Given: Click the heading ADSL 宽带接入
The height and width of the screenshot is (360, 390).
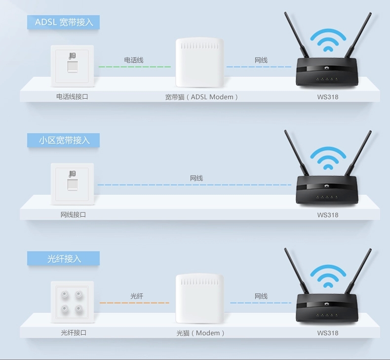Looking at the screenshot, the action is [x=63, y=22].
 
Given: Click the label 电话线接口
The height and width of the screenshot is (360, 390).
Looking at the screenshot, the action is [x=72, y=97].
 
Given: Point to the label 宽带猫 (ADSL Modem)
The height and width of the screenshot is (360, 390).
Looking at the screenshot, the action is [x=201, y=97].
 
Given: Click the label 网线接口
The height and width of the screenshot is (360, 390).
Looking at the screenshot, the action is [x=73, y=215].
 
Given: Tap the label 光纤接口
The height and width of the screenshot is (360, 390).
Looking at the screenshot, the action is [x=74, y=333].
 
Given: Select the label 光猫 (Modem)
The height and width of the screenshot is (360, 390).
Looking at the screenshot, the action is [x=200, y=333].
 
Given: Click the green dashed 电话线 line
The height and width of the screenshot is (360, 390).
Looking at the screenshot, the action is [x=135, y=67].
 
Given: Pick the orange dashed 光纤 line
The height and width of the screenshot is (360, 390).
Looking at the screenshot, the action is [x=134, y=303].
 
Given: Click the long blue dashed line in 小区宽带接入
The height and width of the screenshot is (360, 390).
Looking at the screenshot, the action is [x=194, y=185].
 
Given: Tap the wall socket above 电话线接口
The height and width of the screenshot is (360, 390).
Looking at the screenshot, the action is [x=73, y=66].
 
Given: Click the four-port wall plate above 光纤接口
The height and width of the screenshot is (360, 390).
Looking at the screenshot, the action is [x=73, y=302].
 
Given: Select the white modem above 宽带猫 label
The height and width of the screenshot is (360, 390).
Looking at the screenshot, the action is [x=200, y=62].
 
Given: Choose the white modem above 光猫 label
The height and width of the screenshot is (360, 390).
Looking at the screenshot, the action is [x=200, y=299].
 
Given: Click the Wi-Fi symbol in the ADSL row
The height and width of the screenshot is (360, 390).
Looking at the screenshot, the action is [x=328, y=40].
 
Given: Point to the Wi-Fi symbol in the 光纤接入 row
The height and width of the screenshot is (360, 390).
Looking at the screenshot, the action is [x=328, y=276].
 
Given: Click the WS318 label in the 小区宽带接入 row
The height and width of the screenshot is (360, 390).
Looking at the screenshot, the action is [x=328, y=215].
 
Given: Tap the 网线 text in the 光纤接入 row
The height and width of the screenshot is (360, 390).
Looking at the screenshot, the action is [x=261, y=296].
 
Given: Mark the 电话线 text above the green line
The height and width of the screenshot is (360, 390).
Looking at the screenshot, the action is [x=134, y=60].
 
